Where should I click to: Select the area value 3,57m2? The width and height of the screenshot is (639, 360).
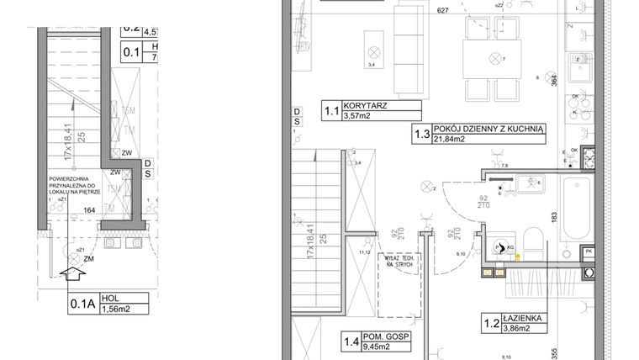coord(356,117)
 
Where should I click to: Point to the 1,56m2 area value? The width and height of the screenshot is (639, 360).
coord(115,308)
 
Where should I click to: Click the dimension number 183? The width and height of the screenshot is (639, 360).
coord(554,216)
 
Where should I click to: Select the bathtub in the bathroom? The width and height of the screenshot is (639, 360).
coord(579,208)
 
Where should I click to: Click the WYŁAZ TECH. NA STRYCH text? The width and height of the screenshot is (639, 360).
coord(397,262)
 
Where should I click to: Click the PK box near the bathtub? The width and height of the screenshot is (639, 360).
coord(589,251)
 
